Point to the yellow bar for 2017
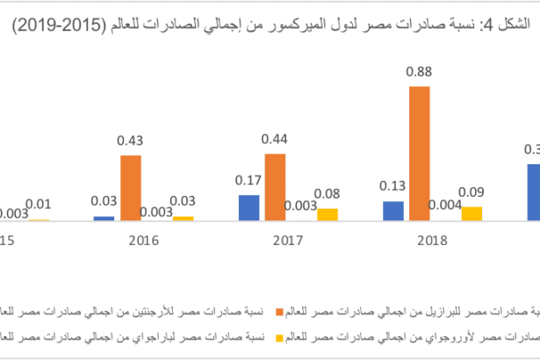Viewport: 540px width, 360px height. [328, 214]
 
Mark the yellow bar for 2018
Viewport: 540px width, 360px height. [472, 213]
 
